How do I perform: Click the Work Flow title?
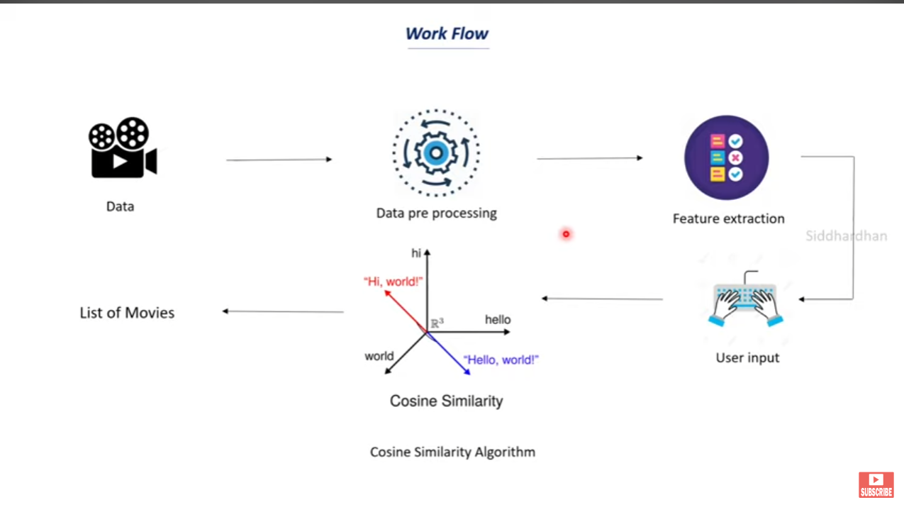pyautogui.click(x=447, y=33)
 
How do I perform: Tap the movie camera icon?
pyautogui.click(x=122, y=148)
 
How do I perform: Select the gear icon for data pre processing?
pyautogui.click(x=435, y=152)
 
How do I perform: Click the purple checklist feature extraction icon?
pyautogui.click(x=726, y=157)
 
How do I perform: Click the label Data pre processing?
pyautogui.click(x=436, y=213)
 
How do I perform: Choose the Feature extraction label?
pyautogui.click(x=728, y=218)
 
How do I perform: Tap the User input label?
pyautogui.click(x=747, y=357)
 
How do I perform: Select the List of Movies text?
pyautogui.click(x=127, y=313)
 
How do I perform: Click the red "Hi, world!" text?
pyautogui.click(x=393, y=282)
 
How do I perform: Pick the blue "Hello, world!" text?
pyautogui.click(x=501, y=360)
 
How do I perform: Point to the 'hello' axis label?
pyautogui.click(x=497, y=320)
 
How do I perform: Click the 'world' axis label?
pyautogui.click(x=379, y=356)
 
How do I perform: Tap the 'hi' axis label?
pyautogui.click(x=416, y=252)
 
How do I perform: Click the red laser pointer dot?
pyautogui.click(x=566, y=233)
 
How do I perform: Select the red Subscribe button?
pyautogui.click(x=876, y=484)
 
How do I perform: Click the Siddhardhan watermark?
pyautogui.click(x=846, y=236)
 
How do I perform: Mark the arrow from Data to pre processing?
pyautogui.click(x=279, y=160)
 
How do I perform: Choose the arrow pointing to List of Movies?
pyautogui.click(x=283, y=311)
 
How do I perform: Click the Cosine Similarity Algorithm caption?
pyautogui.click(x=452, y=452)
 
